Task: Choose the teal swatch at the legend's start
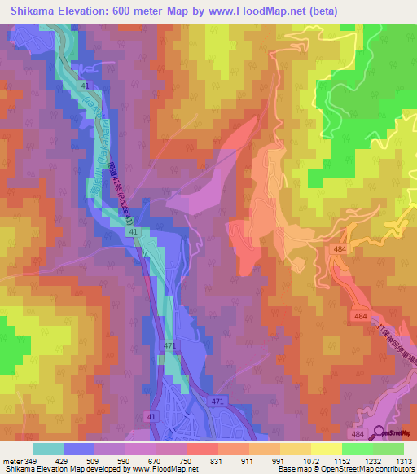(47, 449)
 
